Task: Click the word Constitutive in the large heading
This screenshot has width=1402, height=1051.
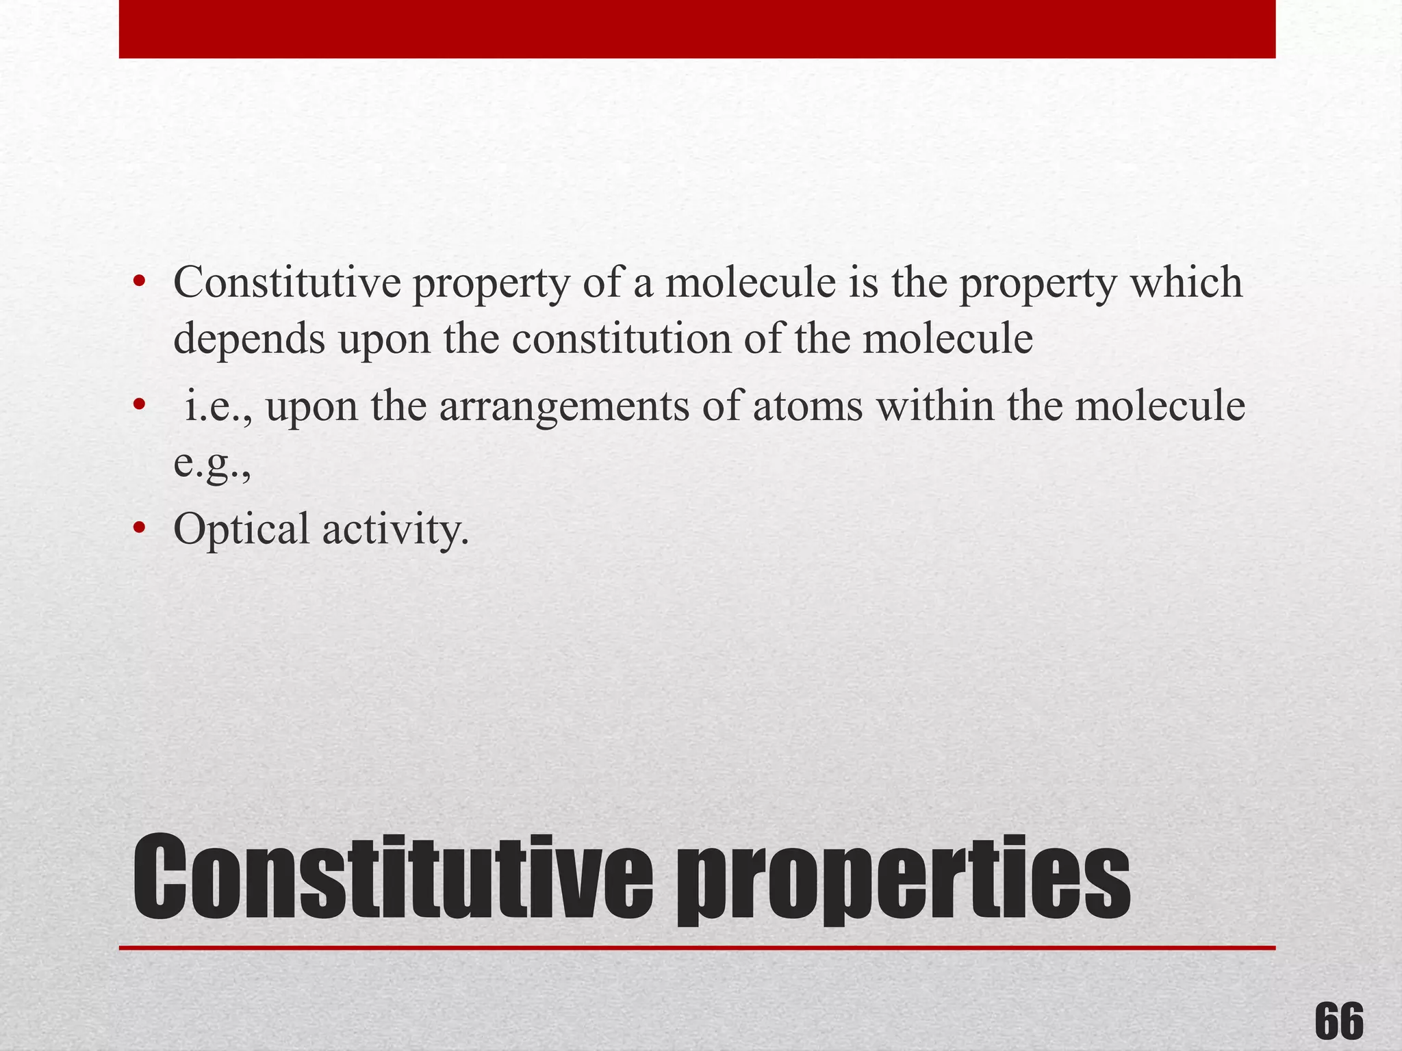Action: tap(393, 879)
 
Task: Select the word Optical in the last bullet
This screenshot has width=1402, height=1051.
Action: tap(242, 530)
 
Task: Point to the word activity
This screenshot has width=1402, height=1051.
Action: tap(396, 530)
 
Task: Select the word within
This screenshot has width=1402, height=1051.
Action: tap(935, 406)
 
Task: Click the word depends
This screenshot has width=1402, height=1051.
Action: tap(249, 341)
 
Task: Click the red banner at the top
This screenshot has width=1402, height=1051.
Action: tap(697, 29)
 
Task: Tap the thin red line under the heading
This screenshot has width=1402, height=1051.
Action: tap(697, 948)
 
